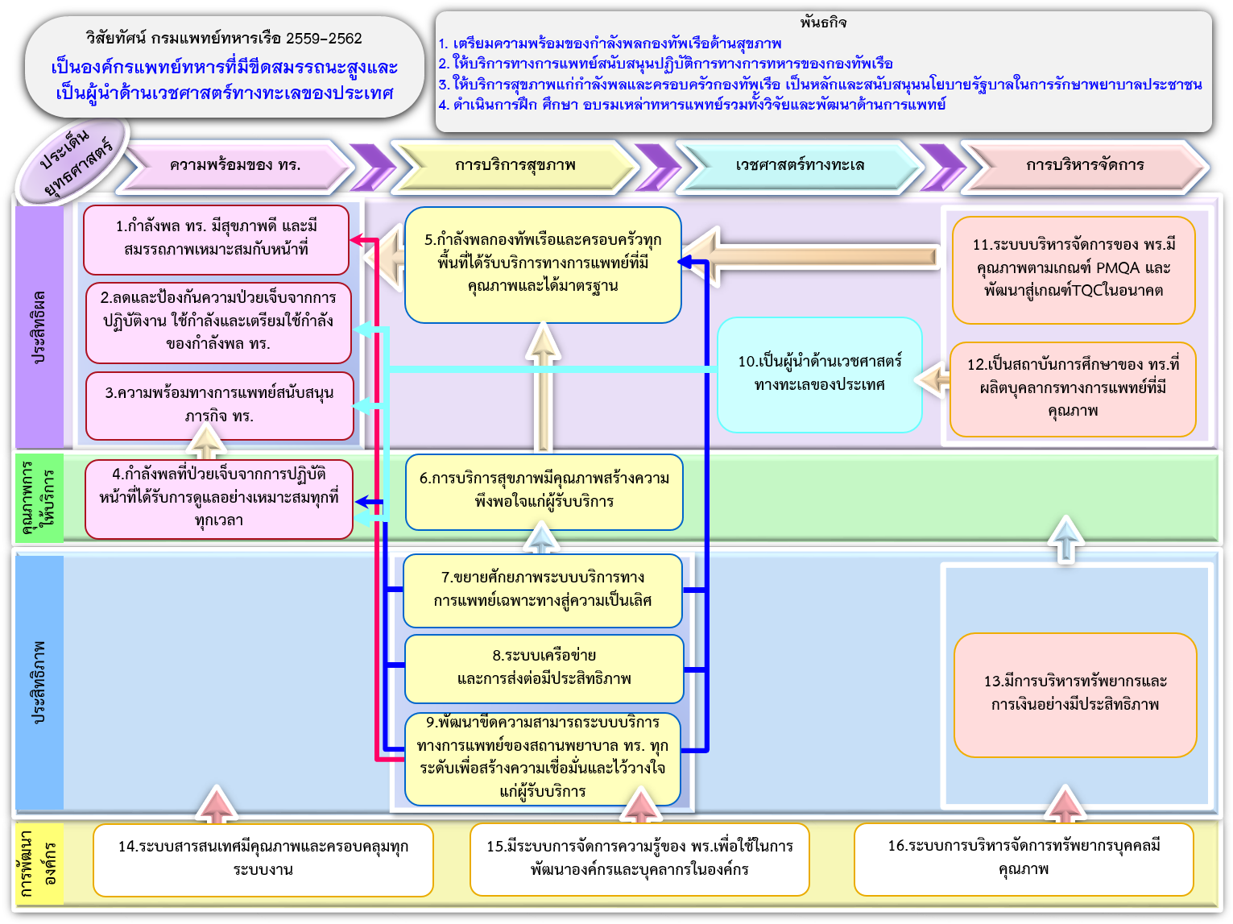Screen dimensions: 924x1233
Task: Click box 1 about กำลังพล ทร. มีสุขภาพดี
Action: point(216,238)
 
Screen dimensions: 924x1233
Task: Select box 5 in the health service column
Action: point(543,264)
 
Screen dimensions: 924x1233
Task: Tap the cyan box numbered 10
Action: point(819,374)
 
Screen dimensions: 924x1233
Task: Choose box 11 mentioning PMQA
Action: point(1073,269)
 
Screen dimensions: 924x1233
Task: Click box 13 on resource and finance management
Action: point(1074,694)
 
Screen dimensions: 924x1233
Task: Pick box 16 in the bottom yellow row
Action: point(1023,858)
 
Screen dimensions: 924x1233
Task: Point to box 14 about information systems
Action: point(263,859)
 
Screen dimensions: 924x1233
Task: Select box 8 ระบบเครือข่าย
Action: point(544,668)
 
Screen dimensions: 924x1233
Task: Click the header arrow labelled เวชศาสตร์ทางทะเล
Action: point(799,166)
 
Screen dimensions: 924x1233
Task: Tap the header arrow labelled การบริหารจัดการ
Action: point(1084,166)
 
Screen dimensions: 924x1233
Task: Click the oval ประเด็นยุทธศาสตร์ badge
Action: point(74,162)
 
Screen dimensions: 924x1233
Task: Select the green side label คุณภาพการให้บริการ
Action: point(39,497)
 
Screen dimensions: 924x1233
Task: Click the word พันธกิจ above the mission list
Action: point(823,23)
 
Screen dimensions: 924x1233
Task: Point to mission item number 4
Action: point(692,105)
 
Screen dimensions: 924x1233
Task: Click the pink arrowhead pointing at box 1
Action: point(357,239)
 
